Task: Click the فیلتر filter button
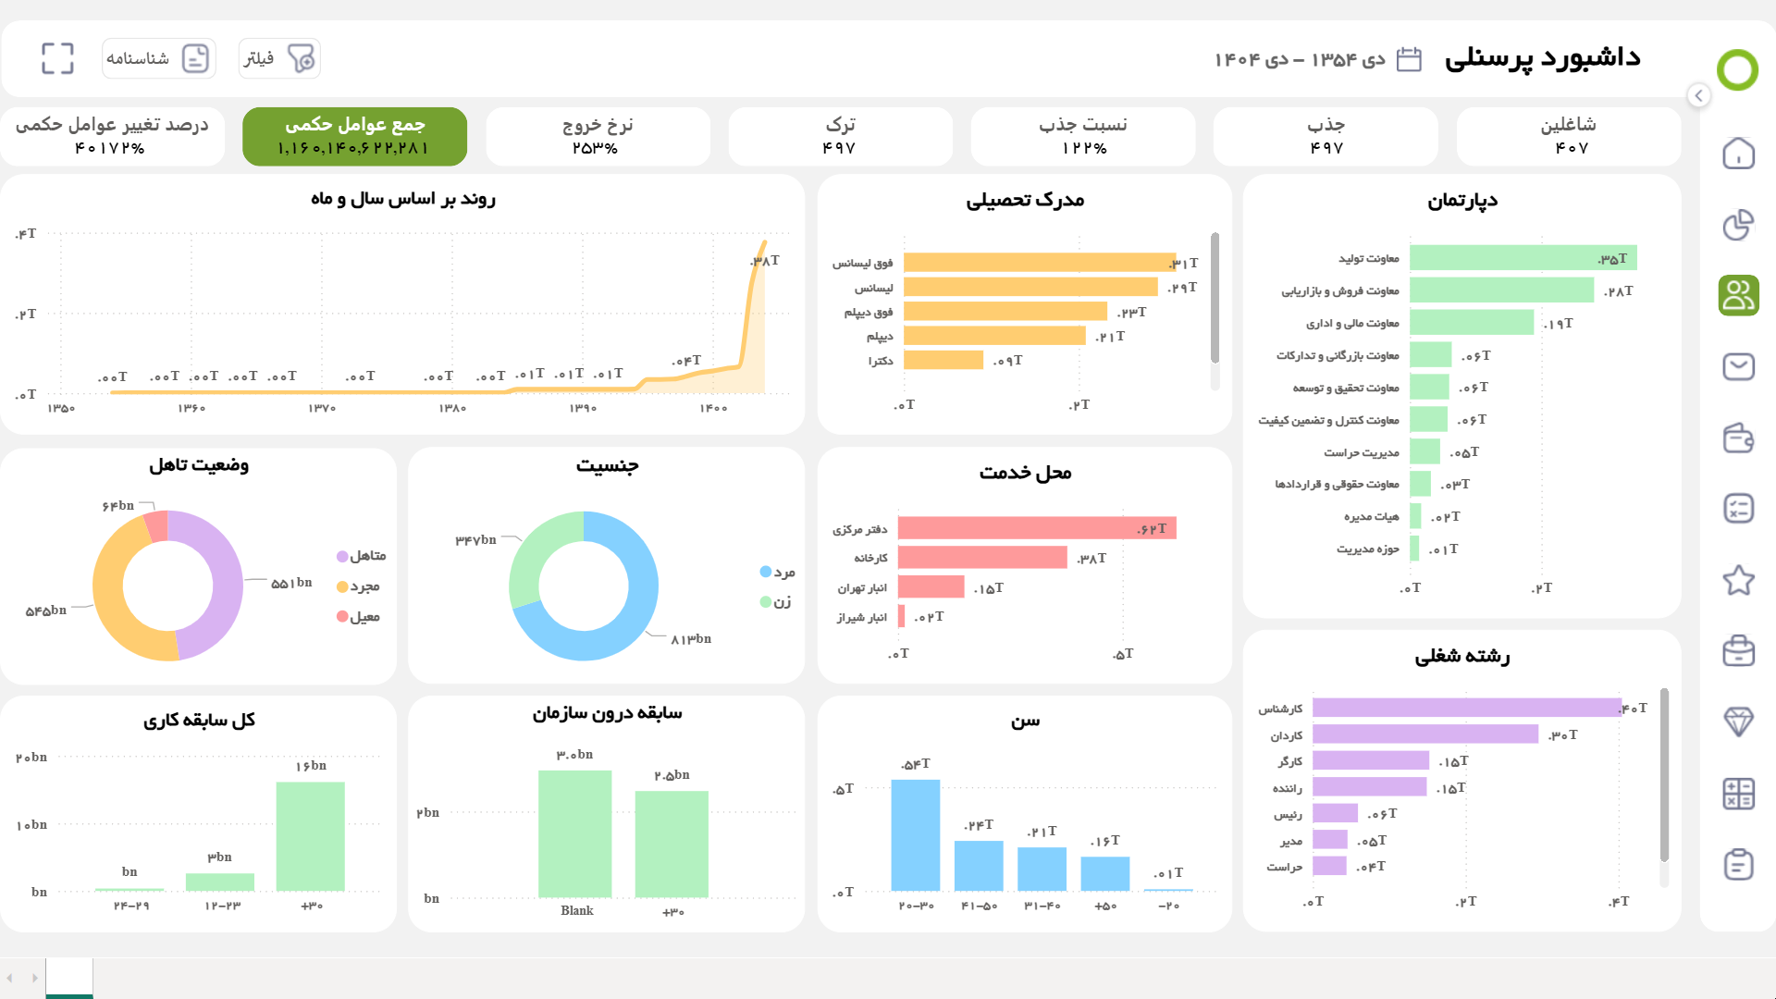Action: pos(279,58)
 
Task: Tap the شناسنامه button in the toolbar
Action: pos(158,58)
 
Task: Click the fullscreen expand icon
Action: pos(57,58)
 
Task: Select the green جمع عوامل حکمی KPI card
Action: pos(354,136)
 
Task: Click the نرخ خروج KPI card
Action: pos(598,136)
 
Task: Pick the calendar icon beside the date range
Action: pos(1408,59)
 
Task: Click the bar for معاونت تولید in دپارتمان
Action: pos(1523,258)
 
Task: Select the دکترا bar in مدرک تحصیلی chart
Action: pos(943,360)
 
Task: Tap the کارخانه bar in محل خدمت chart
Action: pos(981,557)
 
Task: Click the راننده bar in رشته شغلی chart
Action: pos(1369,787)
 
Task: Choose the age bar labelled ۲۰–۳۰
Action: pos(916,835)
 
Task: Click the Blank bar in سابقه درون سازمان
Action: pos(574,833)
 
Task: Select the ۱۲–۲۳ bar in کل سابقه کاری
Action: pos(220,882)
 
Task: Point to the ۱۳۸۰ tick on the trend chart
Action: pos(452,408)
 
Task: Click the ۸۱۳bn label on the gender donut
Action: pos(691,639)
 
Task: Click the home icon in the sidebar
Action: pos(1738,154)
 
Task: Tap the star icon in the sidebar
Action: pos(1738,581)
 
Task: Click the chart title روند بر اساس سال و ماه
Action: pos(403,199)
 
